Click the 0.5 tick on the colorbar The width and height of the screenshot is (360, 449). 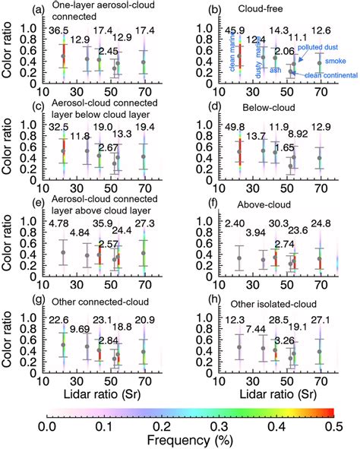(338, 429)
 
